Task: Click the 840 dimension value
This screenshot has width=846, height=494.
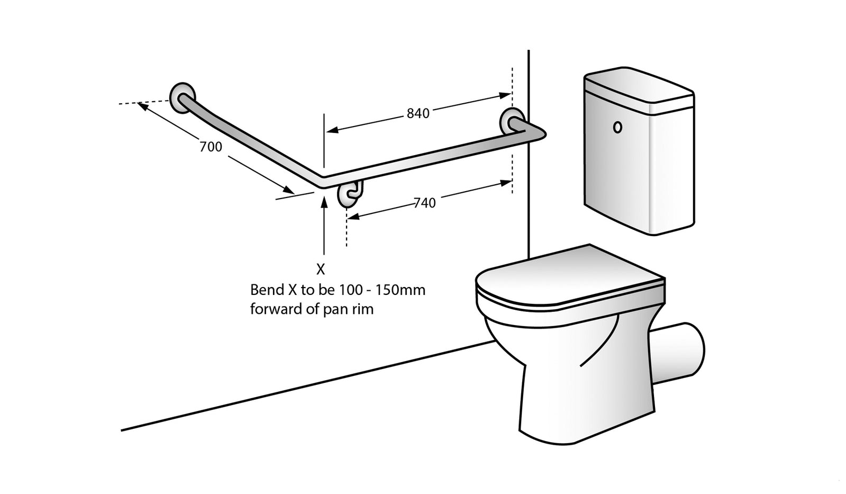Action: pos(418,113)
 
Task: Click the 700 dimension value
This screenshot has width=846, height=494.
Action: pos(211,147)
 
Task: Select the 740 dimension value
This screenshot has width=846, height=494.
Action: pos(424,203)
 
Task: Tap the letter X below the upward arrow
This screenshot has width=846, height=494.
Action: pos(321,270)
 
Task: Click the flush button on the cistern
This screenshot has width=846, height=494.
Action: pos(617,128)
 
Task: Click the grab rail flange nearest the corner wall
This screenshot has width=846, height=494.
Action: pos(512,121)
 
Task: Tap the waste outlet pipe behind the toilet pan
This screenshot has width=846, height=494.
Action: pos(683,351)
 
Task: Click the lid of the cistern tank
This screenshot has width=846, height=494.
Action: pos(638,88)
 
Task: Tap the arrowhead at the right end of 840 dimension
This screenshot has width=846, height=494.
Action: pos(505,96)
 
